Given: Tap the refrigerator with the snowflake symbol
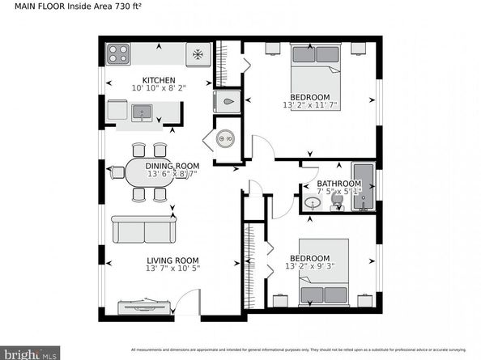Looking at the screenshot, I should click(x=197, y=54).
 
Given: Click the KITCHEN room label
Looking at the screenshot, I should click(x=160, y=80).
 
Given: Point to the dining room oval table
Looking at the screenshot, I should click(x=151, y=172).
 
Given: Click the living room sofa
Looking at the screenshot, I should click(x=144, y=231).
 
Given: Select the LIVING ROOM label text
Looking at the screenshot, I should click(x=172, y=260).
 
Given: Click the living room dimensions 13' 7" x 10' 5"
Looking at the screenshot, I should click(x=172, y=269).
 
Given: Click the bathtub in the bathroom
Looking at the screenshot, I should click(x=364, y=187).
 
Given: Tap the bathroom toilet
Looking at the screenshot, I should click(x=338, y=205).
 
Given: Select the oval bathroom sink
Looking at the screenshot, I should click(x=311, y=203).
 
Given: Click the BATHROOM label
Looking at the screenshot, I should click(x=338, y=184).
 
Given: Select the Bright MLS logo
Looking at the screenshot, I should click(x=31, y=354).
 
